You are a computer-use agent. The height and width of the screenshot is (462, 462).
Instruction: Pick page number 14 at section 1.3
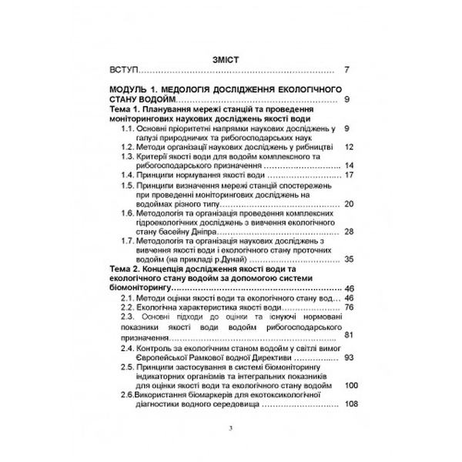tap(349, 166)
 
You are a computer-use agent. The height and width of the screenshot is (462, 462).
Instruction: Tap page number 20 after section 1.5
tap(349, 204)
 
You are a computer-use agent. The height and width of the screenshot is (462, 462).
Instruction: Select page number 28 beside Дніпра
tap(349, 233)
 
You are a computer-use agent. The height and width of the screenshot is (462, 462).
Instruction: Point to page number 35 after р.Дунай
tap(349, 260)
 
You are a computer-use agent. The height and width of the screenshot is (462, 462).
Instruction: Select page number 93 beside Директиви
tap(349, 358)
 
